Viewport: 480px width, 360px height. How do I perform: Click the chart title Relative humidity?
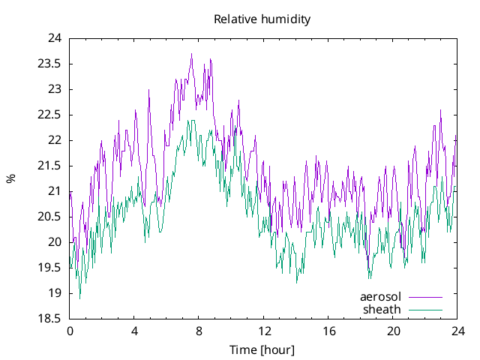click(x=262, y=19)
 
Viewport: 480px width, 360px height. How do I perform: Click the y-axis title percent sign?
click(x=10, y=178)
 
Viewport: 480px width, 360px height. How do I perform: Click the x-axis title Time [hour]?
click(x=262, y=350)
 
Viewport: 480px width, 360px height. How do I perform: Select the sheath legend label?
click(x=382, y=309)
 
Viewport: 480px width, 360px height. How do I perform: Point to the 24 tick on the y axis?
click(x=55, y=38)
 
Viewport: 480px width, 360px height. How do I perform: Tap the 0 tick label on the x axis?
click(x=70, y=331)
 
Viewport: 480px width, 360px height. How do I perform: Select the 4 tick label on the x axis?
click(x=134, y=331)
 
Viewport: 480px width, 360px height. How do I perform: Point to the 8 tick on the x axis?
click(x=199, y=331)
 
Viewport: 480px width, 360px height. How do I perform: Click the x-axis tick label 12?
click(x=264, y=331)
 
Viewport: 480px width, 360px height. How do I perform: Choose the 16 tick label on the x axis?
click(x=328, y=331)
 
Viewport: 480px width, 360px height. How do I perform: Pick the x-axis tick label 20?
click(x=393, y=331)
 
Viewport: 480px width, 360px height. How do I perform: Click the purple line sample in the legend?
click(x=424, y=297)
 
